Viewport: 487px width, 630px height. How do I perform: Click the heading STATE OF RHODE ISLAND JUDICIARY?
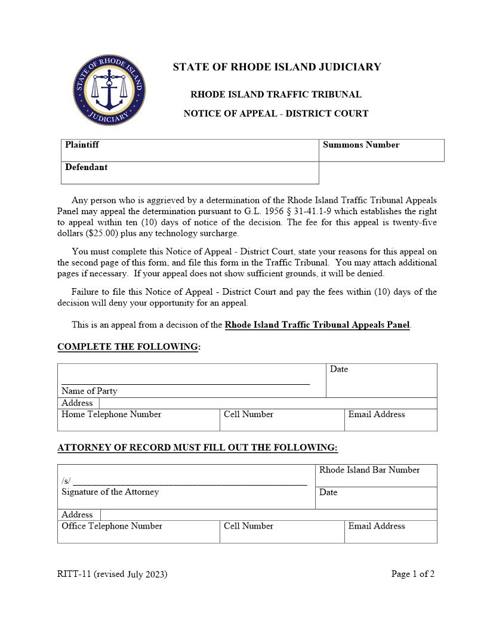277,67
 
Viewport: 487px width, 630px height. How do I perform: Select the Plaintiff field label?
82,145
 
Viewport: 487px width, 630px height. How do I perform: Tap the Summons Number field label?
361,145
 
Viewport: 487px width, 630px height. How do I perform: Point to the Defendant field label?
87,168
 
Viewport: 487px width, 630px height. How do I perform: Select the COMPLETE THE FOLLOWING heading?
128,347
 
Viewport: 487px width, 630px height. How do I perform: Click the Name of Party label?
90,391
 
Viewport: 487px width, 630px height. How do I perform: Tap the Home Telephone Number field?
138,419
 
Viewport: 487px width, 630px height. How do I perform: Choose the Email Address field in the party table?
390,419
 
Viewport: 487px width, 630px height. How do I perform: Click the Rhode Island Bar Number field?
376,475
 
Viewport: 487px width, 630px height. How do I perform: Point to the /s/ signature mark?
65,481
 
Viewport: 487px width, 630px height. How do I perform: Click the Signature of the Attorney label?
110,492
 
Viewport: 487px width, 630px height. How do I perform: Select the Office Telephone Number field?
138,531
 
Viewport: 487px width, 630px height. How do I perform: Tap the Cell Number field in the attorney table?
282,531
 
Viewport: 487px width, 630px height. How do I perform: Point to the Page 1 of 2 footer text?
412,575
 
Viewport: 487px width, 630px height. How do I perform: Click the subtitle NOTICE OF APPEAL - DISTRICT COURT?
276,113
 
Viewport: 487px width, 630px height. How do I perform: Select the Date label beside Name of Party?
339,369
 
